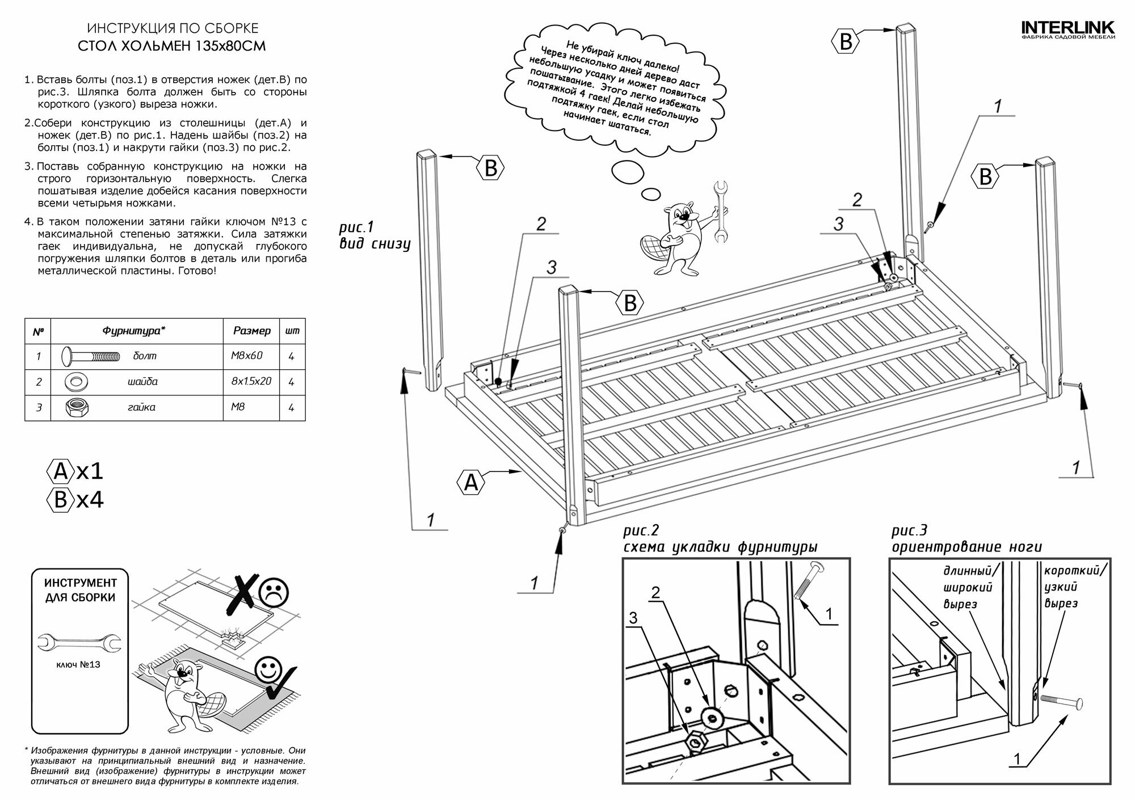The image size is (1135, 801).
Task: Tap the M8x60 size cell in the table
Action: point(247,356)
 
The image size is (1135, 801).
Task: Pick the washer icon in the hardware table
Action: point(77,382)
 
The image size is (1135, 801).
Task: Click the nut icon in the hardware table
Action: point(75,407)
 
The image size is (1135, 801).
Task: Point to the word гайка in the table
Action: point(141,407)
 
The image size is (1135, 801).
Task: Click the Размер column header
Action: point(252,331)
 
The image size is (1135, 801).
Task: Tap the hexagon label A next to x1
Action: point(60,471)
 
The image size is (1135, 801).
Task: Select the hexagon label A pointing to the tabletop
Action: point(471,483)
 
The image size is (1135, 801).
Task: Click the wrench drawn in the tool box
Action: point(79,642)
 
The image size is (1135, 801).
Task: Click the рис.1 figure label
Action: point(356,227)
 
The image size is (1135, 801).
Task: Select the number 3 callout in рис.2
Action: point(633,617)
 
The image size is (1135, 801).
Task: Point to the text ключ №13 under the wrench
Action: point(78,664)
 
